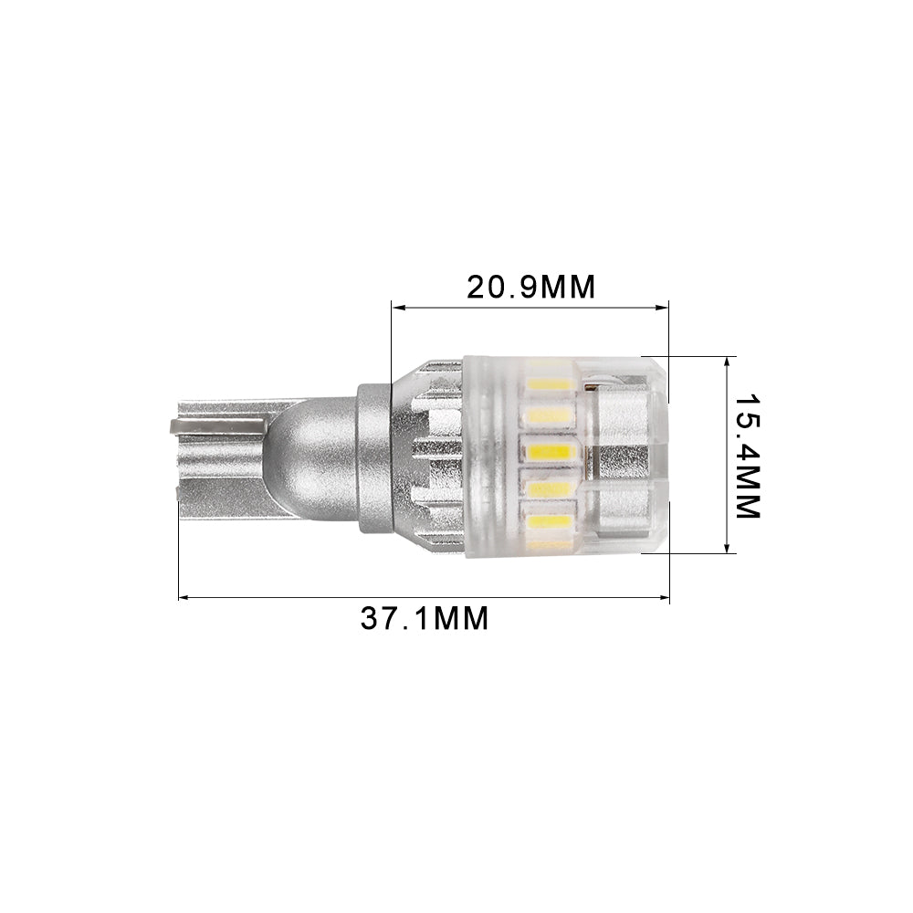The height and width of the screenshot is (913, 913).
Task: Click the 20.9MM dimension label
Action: [530, 287]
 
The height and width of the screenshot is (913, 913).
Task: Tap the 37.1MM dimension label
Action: [425, 618]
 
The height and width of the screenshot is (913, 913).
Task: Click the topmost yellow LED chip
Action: [549, 383]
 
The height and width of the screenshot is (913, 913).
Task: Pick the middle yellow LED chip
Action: [549, 452]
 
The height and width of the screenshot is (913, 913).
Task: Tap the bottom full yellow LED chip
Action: [549, 521]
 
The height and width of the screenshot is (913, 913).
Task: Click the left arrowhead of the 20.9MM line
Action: [395, 308]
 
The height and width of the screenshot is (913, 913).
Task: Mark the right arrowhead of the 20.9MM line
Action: [664, 308]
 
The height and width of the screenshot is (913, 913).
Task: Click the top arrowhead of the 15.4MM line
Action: [727, 362]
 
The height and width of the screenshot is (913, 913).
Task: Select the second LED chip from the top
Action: [549, 416]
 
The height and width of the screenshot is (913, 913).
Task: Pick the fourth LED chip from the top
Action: [549, 488]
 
